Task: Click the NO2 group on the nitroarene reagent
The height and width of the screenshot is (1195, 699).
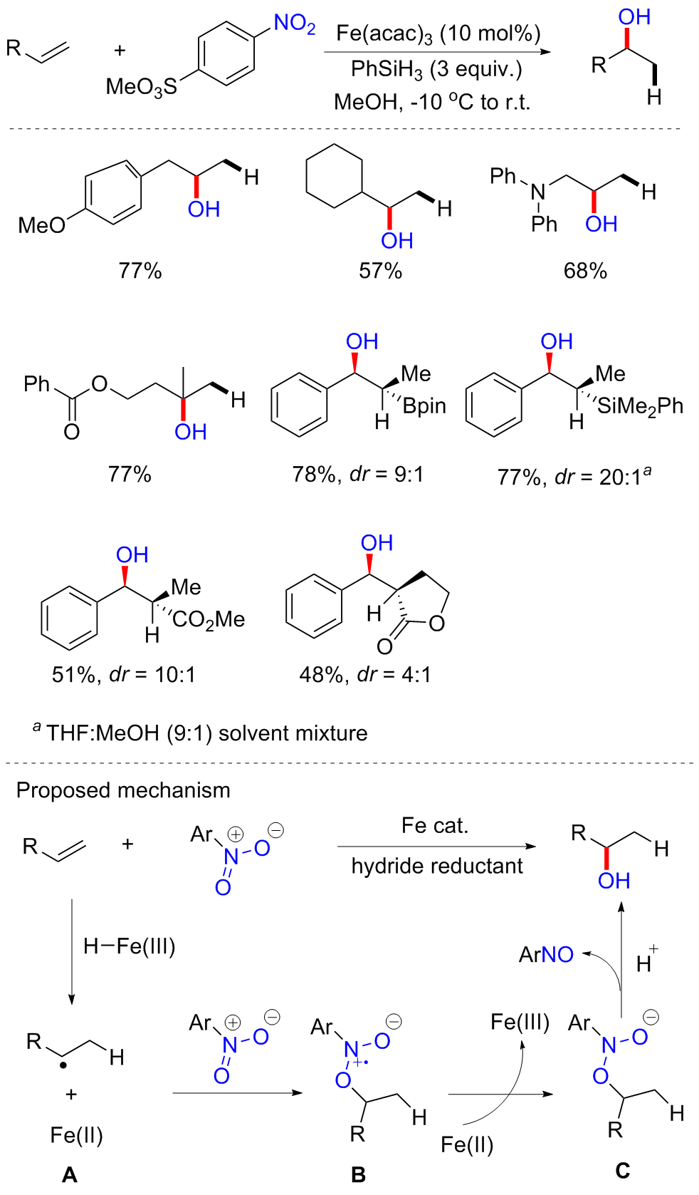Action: tap(294, 24)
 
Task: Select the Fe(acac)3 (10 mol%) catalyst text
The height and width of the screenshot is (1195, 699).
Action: tap(438, 33)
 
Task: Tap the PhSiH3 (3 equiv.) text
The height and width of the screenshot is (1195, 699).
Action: tap(436, 69)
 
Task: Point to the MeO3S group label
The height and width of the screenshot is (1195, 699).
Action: tap(141, 87)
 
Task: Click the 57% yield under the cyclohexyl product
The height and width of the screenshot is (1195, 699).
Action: tap(380, 271)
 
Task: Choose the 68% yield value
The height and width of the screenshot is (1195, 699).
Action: tap(585, 271)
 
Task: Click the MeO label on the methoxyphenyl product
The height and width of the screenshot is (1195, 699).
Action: tap(41, 225)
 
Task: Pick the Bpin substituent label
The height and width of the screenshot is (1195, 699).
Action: tap(424, 406)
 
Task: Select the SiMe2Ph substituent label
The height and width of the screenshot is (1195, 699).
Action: tap(640, 406)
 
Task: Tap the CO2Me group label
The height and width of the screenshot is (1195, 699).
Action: tap(209, 619)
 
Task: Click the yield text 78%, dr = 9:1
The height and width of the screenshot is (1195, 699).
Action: tap(357, 474)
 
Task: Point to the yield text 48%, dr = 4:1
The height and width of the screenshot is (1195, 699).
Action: tap(365, 674)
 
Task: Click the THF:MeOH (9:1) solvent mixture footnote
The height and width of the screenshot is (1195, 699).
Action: tap(206, 733)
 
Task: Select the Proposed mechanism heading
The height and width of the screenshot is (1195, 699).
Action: tap(123, 790)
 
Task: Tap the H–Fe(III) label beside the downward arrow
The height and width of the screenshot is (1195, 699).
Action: tap(129, 946)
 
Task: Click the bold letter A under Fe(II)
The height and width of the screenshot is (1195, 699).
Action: tap(70, 1174)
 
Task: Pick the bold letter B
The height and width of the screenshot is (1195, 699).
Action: tap(358, 1174)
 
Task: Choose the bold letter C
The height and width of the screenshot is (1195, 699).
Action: tap(622, 1170)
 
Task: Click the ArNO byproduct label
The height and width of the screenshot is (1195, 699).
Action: tap(546, 955)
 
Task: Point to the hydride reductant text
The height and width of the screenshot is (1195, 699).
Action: tap(437, 866)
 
